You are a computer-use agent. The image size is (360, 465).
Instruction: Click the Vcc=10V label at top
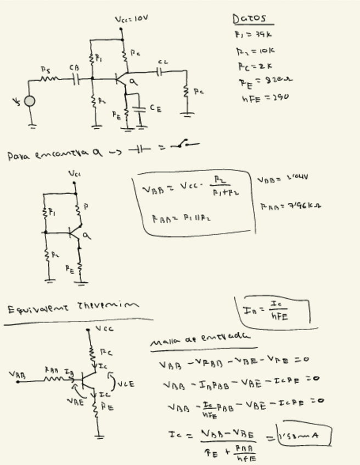[132, 19]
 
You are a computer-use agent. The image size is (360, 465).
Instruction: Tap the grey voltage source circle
[30, 101]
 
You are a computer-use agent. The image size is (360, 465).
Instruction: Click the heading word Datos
[250, 19]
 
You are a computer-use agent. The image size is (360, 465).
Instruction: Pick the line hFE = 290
[265, 98]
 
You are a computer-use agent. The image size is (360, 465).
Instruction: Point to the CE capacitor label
[156, 109]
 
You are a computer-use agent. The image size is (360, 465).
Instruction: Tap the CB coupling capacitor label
[74, 68]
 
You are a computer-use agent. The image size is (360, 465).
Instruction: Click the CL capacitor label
[163, 62]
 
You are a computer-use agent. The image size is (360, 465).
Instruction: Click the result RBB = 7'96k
[290, 206]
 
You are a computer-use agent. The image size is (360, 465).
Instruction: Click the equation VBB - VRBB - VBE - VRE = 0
[234, 361]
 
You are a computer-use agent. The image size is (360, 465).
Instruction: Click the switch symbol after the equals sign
[184, 145]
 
